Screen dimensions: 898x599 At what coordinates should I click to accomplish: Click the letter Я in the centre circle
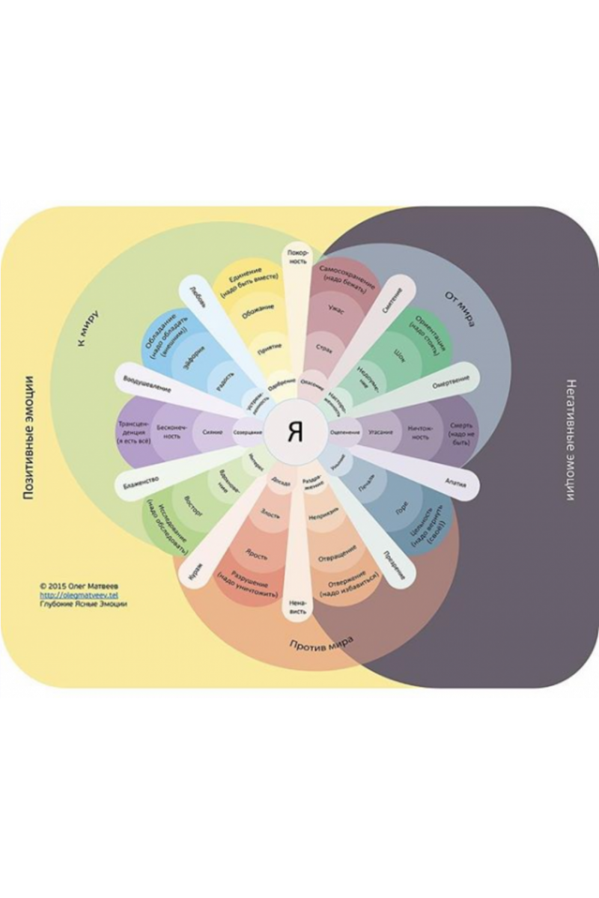296,433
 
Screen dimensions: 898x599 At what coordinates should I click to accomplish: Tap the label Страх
323,348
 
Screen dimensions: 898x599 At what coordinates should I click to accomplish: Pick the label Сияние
212,433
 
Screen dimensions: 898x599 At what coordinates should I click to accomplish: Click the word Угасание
381,433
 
